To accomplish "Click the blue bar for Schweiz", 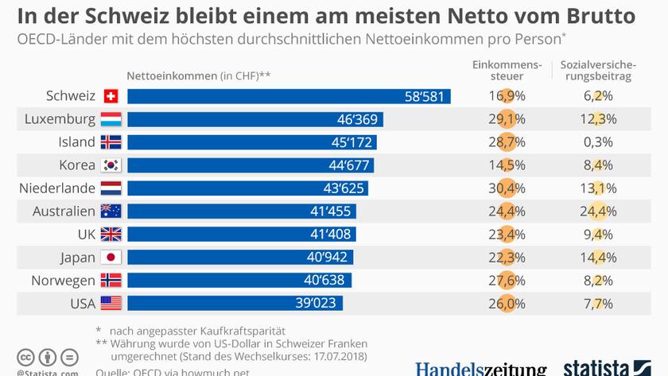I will (x=289, y=96).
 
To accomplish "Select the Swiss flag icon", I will (x=111, y=96).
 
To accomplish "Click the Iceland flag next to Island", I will (x=111, y=142).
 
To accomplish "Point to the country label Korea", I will (x=77, y=165).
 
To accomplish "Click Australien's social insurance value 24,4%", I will (x=596, y=211).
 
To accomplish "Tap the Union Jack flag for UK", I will (x=111, y=235).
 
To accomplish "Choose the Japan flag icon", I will (x=111, y=258).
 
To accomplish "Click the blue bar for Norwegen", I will (x=239, y=281).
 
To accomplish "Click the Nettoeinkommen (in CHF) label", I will (x=200, y=76).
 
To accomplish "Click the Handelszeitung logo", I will (x=480, y=369).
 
